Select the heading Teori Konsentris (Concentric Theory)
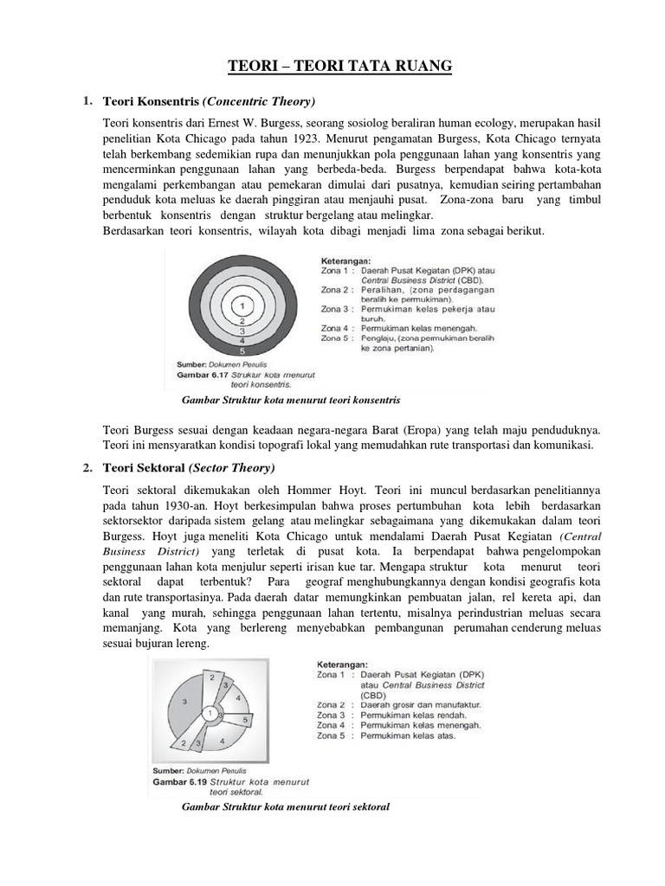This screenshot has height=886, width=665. [x=209, y=101]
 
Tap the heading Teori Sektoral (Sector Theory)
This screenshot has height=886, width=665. [x=188, y=468]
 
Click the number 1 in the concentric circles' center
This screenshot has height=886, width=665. [x=245, y=305]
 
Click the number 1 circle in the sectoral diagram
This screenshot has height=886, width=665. [x=209, y=712]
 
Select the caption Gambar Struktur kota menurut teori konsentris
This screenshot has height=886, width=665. [x=289, y=401]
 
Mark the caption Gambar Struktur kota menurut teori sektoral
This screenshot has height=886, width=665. [x=286, y=806]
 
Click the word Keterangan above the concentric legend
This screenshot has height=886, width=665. [x=346, y=259]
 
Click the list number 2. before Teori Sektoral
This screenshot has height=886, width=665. [x=87, y=468]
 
